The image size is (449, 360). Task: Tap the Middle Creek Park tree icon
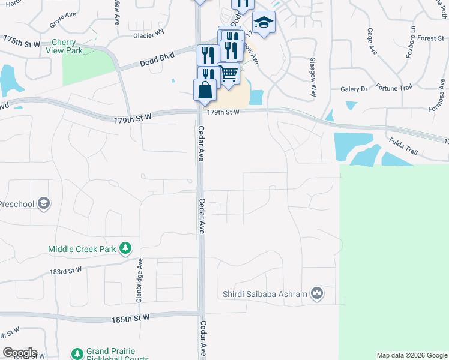click(x=125, y=247)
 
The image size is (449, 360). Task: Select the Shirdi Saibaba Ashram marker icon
click(x=317, y=293)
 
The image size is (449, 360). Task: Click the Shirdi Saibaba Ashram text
click(x=265, y=294)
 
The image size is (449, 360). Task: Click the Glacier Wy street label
click(x=148, y=35)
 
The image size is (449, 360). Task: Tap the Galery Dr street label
click(x=354, y=89)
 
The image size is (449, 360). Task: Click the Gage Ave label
click(x=370, y=43)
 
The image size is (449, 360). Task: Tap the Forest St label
click(x=430, y=38)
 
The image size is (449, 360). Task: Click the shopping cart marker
click(x=228, y=75)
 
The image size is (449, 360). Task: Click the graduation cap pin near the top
click(x=263, y=23)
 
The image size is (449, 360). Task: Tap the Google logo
click(x=20, y=353)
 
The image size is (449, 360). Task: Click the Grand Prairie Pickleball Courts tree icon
click(x=77, y=355)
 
